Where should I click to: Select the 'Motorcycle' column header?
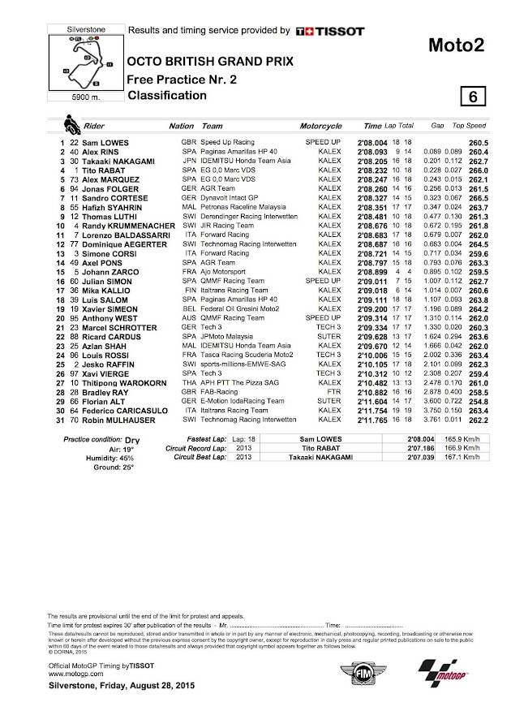coord(320,127)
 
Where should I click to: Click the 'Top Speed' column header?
coord(470,127)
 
